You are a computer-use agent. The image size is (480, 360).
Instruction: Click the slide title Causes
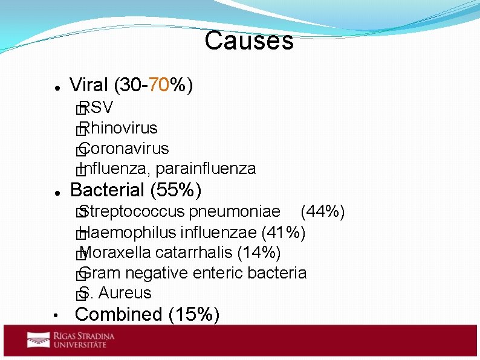click(x=249, y=41)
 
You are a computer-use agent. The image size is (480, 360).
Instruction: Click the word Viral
click(x=89, y=86)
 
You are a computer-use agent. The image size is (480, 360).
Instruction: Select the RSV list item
click(x=96, y=108)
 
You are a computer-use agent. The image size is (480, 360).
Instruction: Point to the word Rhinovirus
click(x=118, y=128)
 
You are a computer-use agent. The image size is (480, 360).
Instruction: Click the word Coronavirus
click(x=124, y=149)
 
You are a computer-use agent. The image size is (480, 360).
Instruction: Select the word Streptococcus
click(x=132, y=212)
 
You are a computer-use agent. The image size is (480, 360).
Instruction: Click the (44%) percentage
click(x=323, y=212)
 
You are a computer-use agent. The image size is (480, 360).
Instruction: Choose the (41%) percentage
click(x=284, y=233)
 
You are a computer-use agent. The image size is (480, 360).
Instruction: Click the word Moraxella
click(x=115, y=252)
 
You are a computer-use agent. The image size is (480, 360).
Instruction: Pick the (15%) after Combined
click(x=194, y=315)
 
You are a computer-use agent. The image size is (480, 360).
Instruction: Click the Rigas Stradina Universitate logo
click(x=71, y=340)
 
